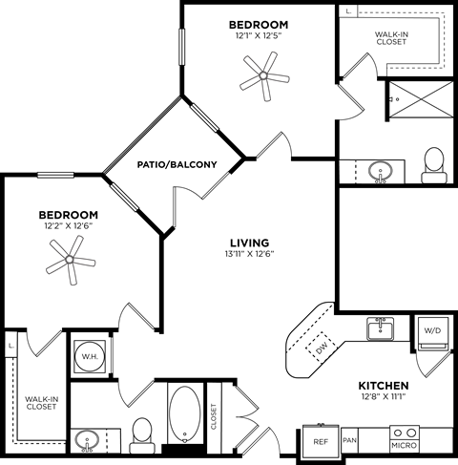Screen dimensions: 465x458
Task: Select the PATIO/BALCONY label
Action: coord(176,164)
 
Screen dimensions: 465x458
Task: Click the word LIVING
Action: coord(249,242)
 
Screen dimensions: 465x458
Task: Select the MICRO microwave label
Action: coord(403,444)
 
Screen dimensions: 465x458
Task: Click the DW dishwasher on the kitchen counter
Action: coord(322,347)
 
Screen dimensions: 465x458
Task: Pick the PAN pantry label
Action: coord(349,440)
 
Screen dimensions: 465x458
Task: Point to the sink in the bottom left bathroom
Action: coord(89,442)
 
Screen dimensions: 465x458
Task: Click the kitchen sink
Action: coord(382,328)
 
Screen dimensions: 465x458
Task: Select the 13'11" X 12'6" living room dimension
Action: coord(249,255)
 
